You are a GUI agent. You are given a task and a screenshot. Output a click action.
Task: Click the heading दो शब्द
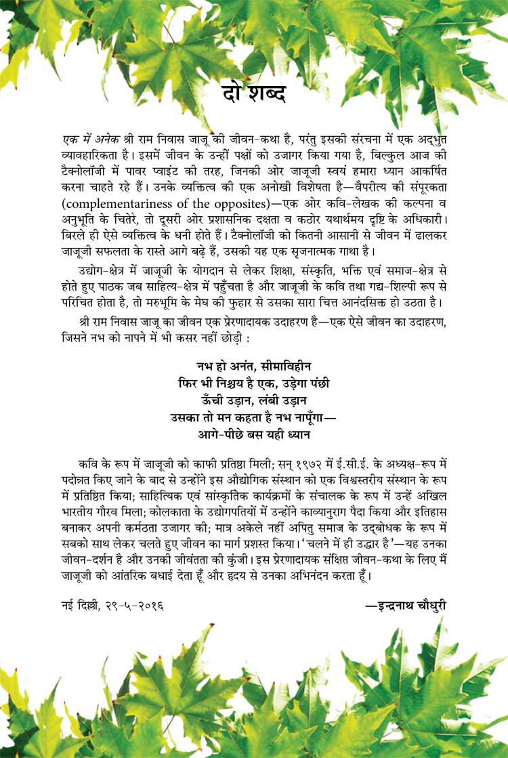click(x=253, y=93)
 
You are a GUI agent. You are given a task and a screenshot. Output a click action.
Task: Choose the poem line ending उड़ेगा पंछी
click(x=253, y=383)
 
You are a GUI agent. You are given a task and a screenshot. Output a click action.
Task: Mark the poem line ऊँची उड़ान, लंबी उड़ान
click(x=253, y=400)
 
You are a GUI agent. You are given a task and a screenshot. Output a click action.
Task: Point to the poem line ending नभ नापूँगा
click(x=253, y=417)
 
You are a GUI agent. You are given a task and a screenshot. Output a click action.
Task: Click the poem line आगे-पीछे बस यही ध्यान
click(x=253, y=434)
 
